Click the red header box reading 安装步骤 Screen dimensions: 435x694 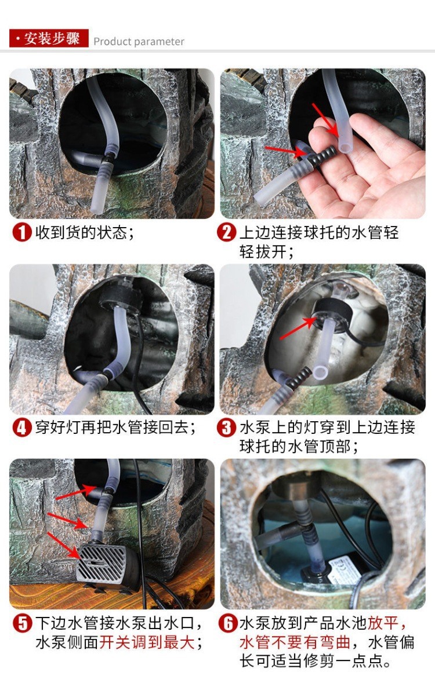[49, 38]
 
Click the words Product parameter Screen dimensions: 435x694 [139, 42]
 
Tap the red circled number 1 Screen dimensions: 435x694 [22, 232]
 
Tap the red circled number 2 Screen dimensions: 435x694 [226, 232]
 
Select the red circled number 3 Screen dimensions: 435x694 [226, 428]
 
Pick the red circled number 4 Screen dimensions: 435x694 [22, 428]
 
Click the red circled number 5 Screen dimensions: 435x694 [22, 624]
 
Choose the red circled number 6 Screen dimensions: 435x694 [228, 624]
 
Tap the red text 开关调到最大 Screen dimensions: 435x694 [147, 642]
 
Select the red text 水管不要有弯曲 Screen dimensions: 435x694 [295, 642]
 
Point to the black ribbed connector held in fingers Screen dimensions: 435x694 [322, 156]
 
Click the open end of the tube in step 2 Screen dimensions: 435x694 [345, 144]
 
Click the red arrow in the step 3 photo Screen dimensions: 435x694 [298, 328]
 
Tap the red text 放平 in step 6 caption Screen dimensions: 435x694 [383, 624]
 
